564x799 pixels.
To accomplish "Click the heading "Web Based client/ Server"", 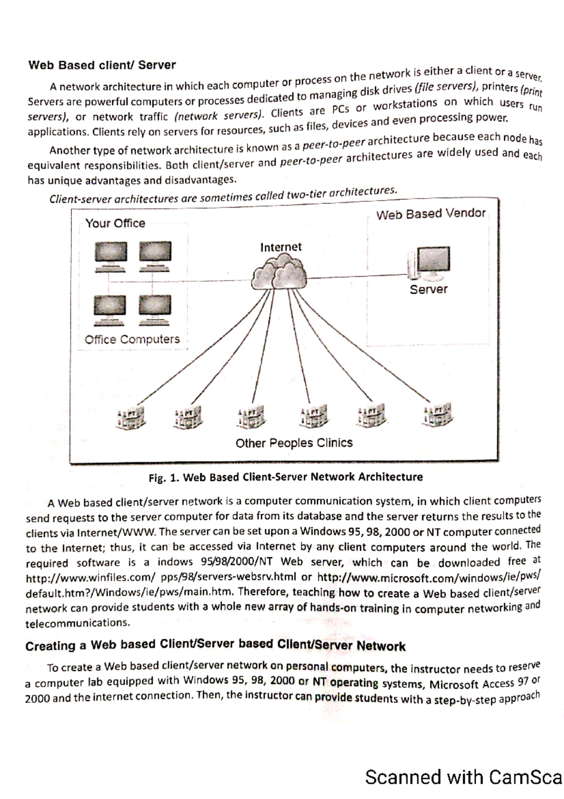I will pyautogui.click(x=102, y=65).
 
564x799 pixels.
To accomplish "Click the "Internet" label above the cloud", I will pyautogui.click(x=281, y=247).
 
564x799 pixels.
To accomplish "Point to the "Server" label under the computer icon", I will pyautogui.click(x=428, y=289).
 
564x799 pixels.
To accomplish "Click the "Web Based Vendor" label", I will pyautogui.click(x=431, y=214).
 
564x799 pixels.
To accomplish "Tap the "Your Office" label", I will pyautogui.click(x=115, y=223).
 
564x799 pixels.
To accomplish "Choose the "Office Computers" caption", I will pyautogui.click(x=132, y=339).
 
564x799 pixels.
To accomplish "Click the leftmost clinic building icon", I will pyautogui.click(x=130, y=417).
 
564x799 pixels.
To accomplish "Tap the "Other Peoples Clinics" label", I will pyautogui.click(x=294, y=443).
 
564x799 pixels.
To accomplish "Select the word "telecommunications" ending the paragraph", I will pyautogui.click(x=77, y=623).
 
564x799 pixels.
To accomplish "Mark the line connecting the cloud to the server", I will pyautogui.click(x=357, y=277).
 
